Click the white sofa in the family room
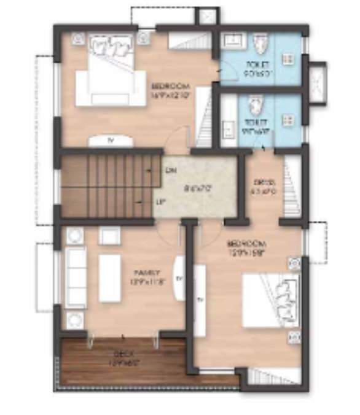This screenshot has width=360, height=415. click(x=76, y=278)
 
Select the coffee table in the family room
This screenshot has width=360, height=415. click(x=110, y=278)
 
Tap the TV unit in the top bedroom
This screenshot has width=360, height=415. click(x=111, y=141)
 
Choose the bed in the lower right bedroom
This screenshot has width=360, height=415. click(x=271, y=300)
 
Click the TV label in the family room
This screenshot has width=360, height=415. click(x=179, y=278)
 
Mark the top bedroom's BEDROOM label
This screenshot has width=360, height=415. click(x=170, y=87)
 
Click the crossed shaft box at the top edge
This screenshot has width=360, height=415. click(x=207, y=17)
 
